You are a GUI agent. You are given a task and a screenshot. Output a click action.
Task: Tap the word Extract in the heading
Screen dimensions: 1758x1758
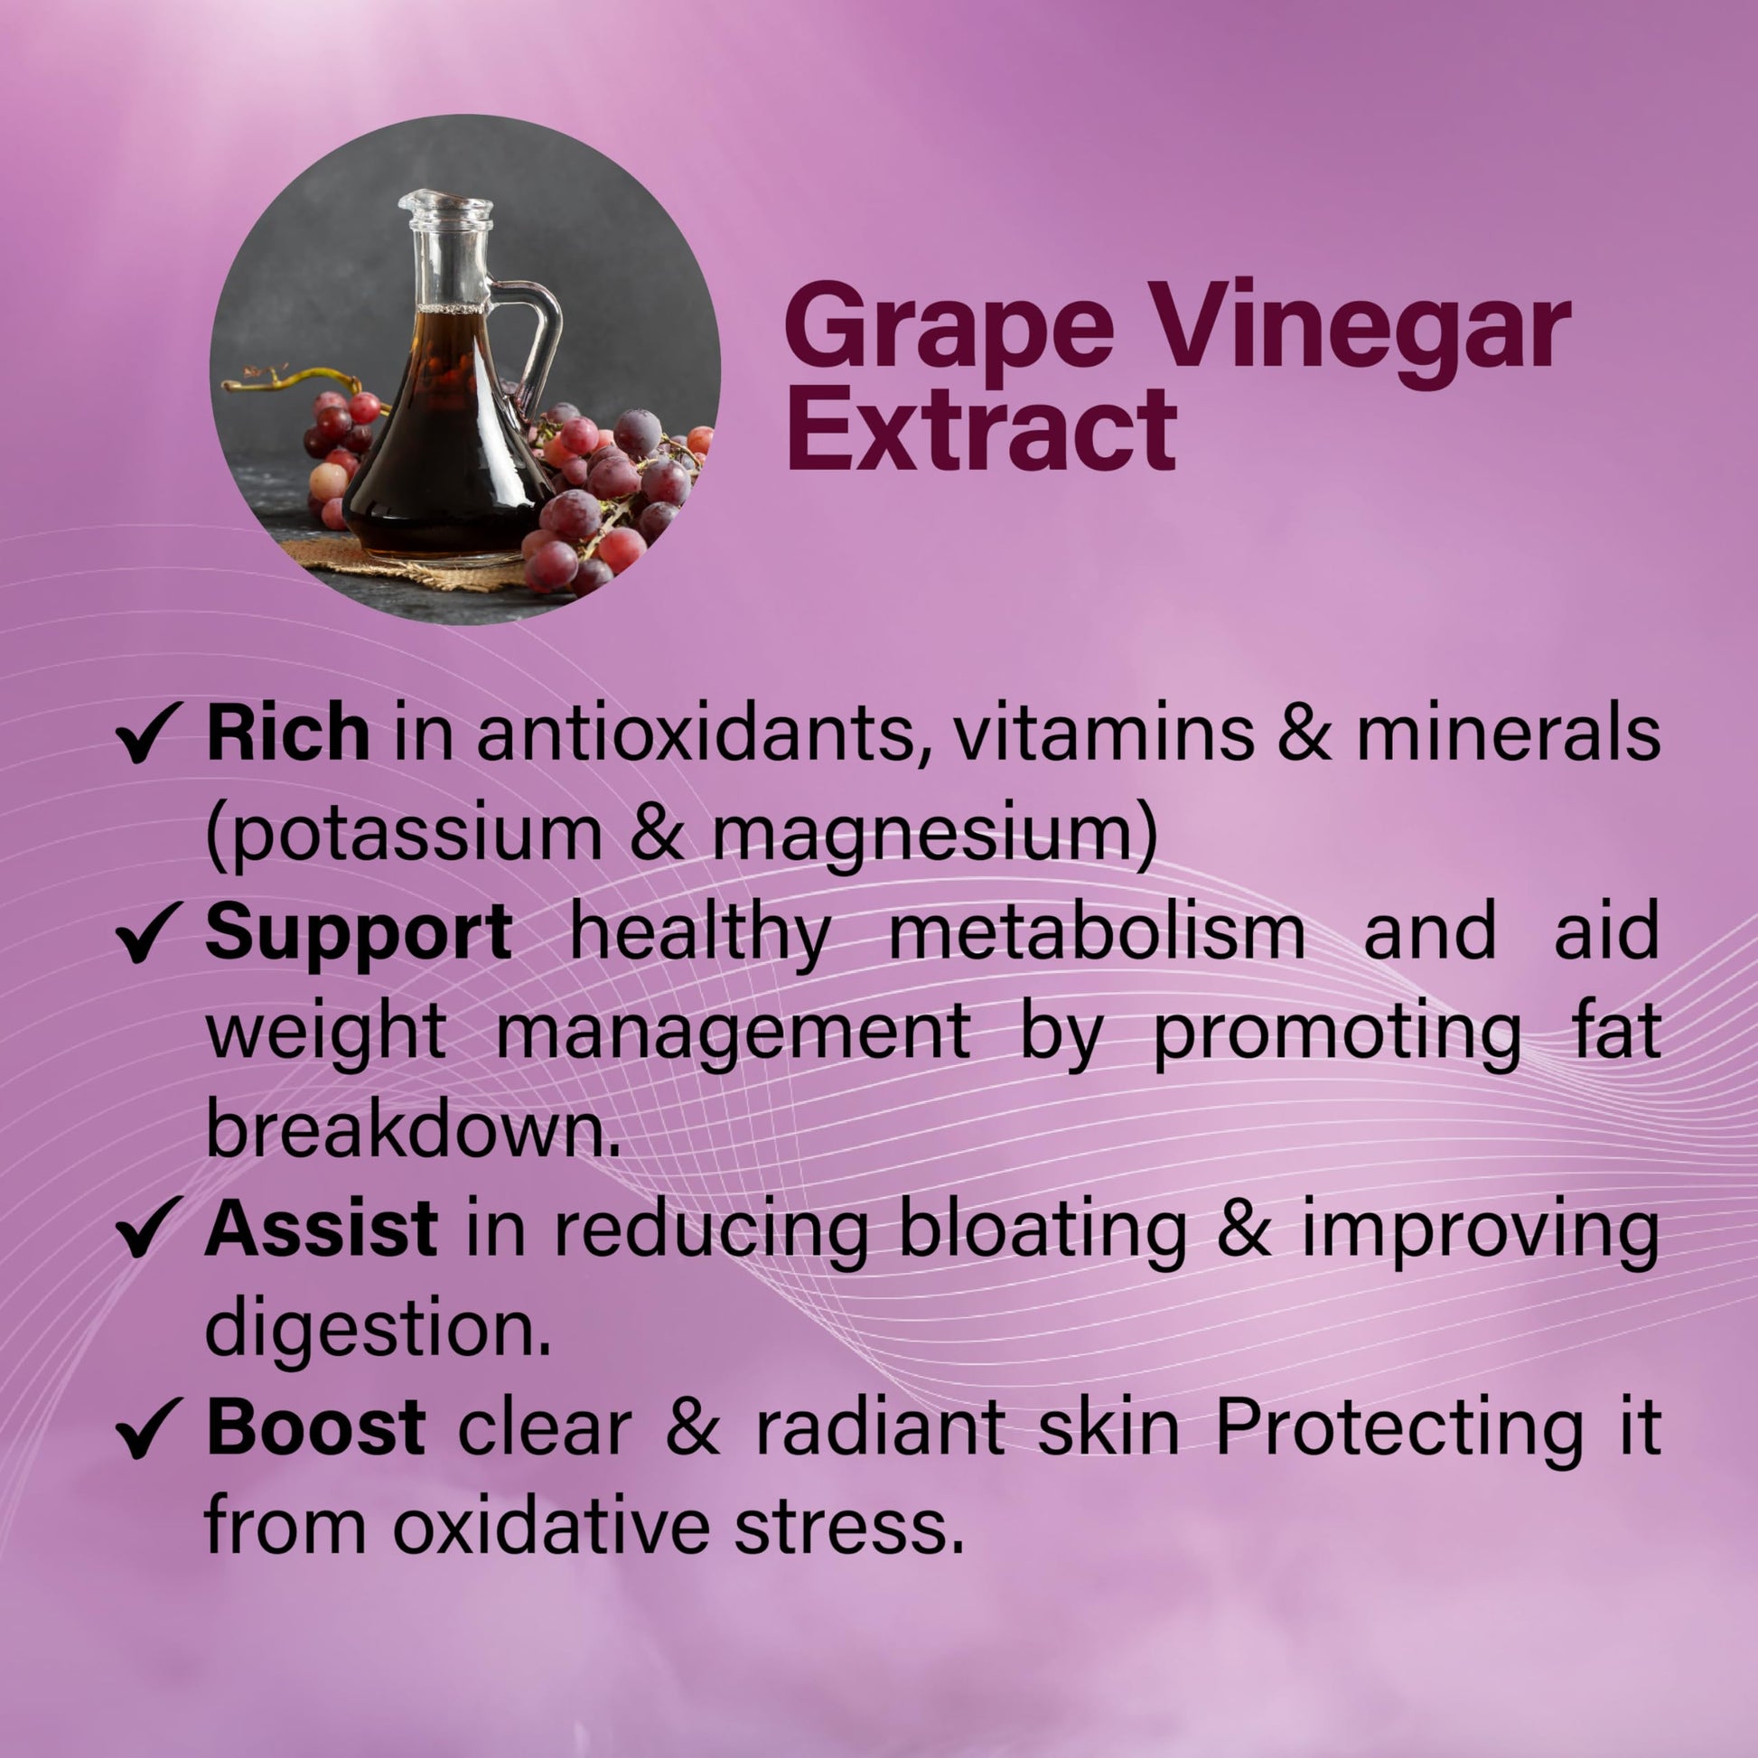click(982, 427)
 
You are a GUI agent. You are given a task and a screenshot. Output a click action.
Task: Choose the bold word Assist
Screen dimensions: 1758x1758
click(322, 1230)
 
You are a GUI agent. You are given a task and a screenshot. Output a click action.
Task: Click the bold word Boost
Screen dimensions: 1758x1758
click(315, 1426)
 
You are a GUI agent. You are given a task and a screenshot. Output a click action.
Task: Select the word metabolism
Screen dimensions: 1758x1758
click(1098, 933)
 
